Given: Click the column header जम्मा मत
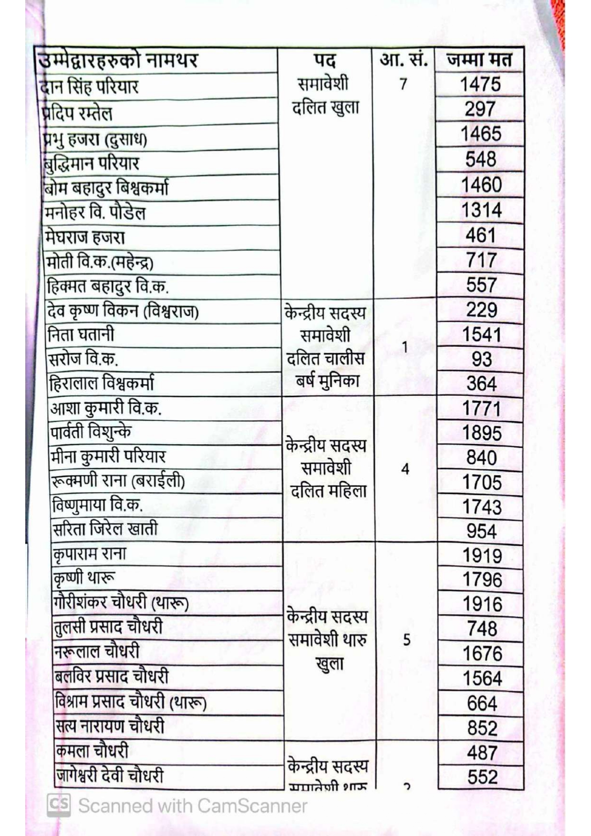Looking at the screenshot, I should [x=479, y=60].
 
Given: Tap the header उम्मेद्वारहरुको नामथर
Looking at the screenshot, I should [x=117, y=61].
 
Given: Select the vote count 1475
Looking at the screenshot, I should [x=480, y=85].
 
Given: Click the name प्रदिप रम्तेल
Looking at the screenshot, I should [x=77, y=113].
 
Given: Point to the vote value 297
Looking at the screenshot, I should [x=480, y=109].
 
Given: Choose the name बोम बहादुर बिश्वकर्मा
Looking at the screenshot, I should [x=106, y=188].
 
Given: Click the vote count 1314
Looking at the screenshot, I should [x=481, y=210].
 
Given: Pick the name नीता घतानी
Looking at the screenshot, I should [x=81, y=334].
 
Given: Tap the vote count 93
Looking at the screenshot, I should [x=481, y=359].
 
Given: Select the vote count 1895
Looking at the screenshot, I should [x=482, y=433].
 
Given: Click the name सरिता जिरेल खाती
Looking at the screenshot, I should [x=105, y=529].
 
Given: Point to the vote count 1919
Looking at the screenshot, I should [x=482, y=556].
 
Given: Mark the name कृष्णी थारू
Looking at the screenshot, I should [x=84, y=578].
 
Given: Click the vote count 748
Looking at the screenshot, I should [x=482, y=629].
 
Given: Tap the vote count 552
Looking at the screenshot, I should [x=482, y=777].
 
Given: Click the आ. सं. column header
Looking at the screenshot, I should [x=403, y=60].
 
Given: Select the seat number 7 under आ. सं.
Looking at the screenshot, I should [x=403, y=84].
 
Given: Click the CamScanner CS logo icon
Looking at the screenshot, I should [x=59, y=805].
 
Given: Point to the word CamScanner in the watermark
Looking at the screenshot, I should [x=252, y=806].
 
